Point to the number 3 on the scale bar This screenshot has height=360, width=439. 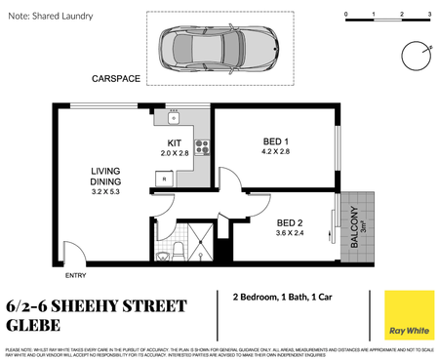(430, 14)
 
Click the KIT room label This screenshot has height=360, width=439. (173, 143)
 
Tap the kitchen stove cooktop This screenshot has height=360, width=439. (204, 148)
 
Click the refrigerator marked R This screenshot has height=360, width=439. (164, 180)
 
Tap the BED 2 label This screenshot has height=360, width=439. (291, 220)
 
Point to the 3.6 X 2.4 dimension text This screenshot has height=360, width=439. (291, 232)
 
